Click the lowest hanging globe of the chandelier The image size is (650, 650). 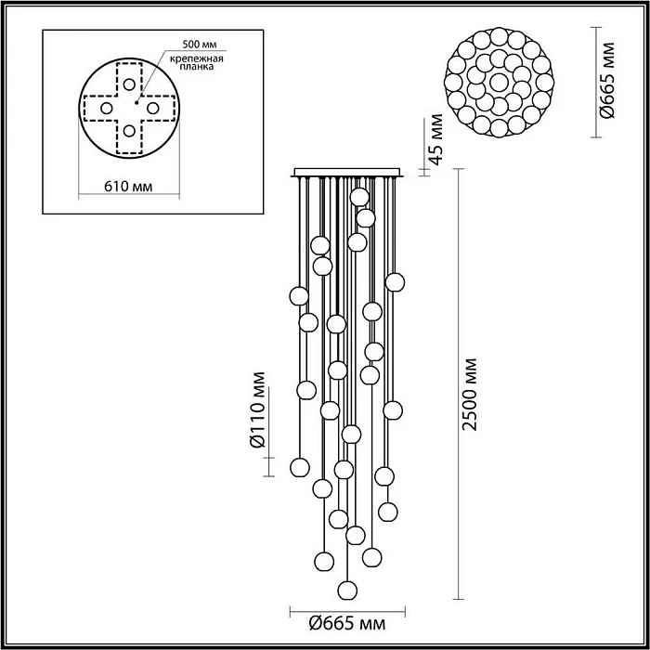tap(347, 590)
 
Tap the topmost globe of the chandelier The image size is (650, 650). tap(359, 197)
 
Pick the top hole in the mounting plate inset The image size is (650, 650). tap(128, 85)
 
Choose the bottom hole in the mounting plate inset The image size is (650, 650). tap(128, 130)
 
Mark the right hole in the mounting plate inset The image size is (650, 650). tap(151, 108)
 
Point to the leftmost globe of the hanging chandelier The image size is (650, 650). tap(298, 296)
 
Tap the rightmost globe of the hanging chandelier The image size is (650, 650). tap(396, 281)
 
